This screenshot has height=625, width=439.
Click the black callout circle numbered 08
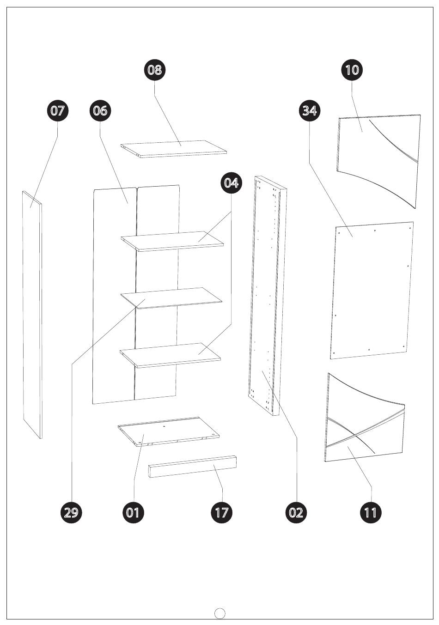tap(155, 70)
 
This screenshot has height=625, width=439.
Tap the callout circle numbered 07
tap(57, 111)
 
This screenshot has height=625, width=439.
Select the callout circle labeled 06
tap(100, 111)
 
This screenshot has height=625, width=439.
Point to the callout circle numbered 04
tap(232, 183)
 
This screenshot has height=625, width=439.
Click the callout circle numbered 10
tap(352, 70)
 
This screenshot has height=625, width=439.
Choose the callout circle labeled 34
tap(310, 111)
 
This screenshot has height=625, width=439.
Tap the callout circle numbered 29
tap(72, 512)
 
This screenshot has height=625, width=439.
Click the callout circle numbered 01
tap(134, 512)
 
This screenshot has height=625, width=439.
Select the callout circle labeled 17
tap(222, 512)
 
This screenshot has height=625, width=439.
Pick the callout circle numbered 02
tap(296, 512)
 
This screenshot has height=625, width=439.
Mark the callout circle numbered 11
tap(371, 512)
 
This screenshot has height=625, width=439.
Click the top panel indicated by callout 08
tap(174, 149)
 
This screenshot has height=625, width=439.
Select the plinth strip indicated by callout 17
tap(193, 466)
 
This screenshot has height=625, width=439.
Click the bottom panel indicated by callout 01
tap(169, 432)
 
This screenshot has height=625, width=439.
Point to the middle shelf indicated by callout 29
tap(171, 298)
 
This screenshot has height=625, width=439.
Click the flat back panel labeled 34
tap(372, 291)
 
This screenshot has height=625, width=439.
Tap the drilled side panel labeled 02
tap(267, 296)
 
